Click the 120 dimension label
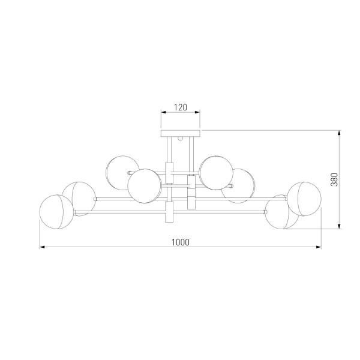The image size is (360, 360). click(181, 107)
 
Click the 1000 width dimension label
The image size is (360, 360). click(181, 242)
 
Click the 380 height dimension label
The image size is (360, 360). click(334, 179)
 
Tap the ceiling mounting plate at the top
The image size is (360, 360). click(181, 133)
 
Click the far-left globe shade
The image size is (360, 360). click(57, 212)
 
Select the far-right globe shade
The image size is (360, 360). click(304, 199)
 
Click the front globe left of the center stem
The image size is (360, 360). click(145, 186)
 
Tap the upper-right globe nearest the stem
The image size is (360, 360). click(216, 173)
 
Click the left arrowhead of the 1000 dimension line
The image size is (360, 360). click(42, 247)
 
